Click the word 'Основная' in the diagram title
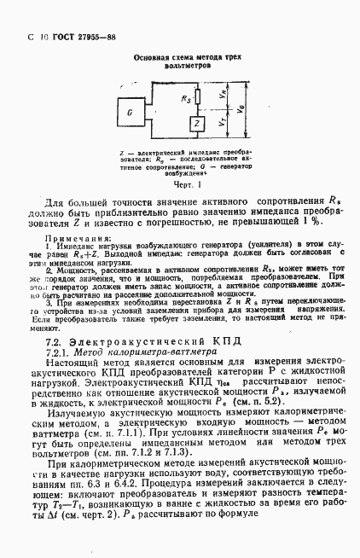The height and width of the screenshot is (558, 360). point(150,55)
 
